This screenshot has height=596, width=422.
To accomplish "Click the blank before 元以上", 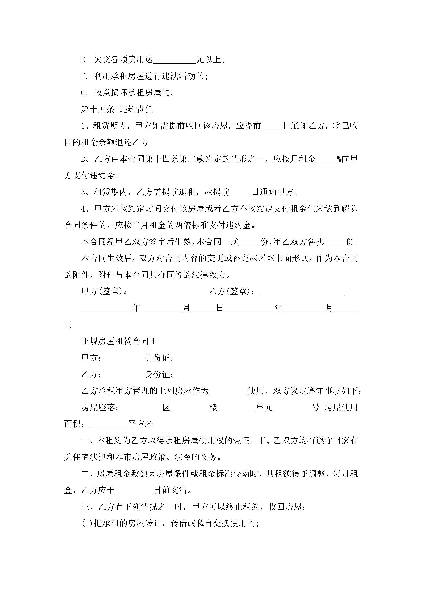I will pos(174,61).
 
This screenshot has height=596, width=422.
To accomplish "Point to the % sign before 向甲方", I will pos(339,159).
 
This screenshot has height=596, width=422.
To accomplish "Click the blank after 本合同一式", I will pos(249,243).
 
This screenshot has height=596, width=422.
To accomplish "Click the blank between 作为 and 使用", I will pos(228,392).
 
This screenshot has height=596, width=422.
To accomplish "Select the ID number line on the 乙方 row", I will pos(234,376).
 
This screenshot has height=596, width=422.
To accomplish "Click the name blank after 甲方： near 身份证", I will pos(125,359).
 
